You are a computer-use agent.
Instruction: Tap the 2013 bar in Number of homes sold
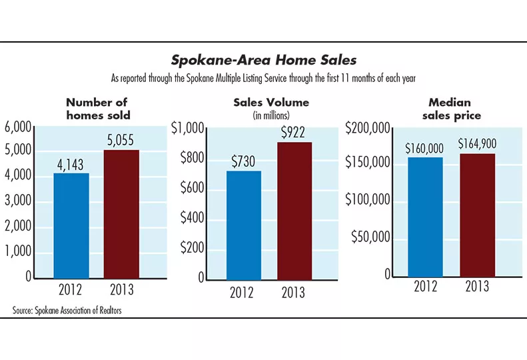pos(121,213)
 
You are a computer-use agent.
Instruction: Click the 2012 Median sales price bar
pos(425,217)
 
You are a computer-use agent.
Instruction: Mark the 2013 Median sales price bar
pos(476,215)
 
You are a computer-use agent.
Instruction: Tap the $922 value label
pos(294,132)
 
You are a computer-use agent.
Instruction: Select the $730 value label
pos(244,161)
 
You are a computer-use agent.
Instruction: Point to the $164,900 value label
pos(476,143)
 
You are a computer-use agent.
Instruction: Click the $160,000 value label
pos(425,147)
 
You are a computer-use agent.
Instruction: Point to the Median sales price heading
pos(450,109)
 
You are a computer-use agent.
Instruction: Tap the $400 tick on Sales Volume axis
pos(193,219)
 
